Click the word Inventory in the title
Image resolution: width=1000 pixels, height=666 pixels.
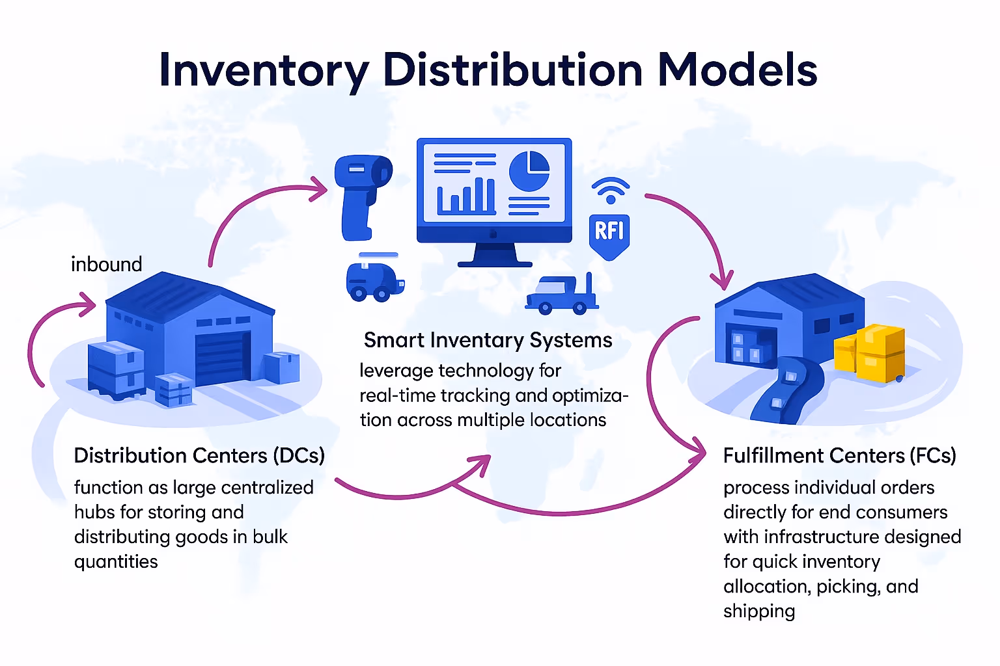coord(264,70)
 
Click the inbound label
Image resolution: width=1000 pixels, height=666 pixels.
coord(106,264)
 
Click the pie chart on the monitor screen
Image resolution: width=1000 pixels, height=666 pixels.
coord(529,171)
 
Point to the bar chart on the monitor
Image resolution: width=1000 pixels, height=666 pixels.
coord(466,196)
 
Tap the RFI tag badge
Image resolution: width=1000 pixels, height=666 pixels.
coord(609,235)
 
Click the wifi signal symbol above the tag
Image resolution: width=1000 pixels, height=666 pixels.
coord(610,190)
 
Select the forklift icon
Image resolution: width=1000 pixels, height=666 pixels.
coord(562,295)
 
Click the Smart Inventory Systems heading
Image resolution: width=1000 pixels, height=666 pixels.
coord(488,340)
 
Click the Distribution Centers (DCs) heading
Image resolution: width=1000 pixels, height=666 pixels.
coord(199,455)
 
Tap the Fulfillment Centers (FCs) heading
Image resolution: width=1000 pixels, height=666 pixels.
coord(839,455)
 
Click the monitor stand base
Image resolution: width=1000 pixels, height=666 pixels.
coord(495,263)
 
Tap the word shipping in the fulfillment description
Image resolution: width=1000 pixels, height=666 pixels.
coord(759,611)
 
